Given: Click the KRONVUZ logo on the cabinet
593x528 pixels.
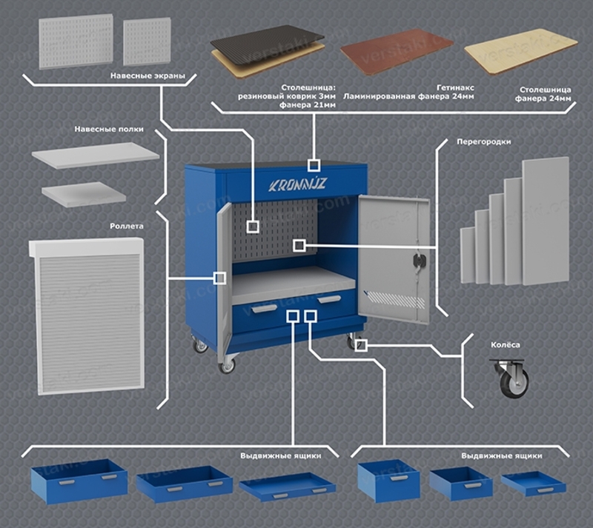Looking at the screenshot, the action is coord(297,185).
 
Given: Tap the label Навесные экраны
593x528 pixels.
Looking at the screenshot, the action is coord(148,76).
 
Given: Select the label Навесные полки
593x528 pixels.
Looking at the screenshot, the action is coord(109,130).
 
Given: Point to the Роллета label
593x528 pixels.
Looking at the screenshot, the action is coord(127,226).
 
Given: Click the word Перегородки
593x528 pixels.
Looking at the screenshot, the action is coord(484,141).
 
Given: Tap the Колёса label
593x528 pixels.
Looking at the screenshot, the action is coord(506,344).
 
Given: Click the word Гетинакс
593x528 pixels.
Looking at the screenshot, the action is coord(455,87).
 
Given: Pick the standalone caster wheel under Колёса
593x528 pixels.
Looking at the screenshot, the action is coord(510,378).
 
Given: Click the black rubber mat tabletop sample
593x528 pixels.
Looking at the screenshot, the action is coord(268,43).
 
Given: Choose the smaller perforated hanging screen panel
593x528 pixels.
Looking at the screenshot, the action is coord(147,42).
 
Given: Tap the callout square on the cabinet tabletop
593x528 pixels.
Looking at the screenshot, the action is coord(314,165).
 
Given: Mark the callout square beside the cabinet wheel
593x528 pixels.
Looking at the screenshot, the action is coord(360,345).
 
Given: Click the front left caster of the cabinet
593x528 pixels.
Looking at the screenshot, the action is coord(227,364).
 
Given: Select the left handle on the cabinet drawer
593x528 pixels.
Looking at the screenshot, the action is coord(265,309).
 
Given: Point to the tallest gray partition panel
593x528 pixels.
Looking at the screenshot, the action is coord(546,221).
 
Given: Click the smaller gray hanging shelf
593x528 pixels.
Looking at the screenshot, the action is coord(84,194).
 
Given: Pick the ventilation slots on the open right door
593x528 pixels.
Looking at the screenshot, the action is coord(396,300).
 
